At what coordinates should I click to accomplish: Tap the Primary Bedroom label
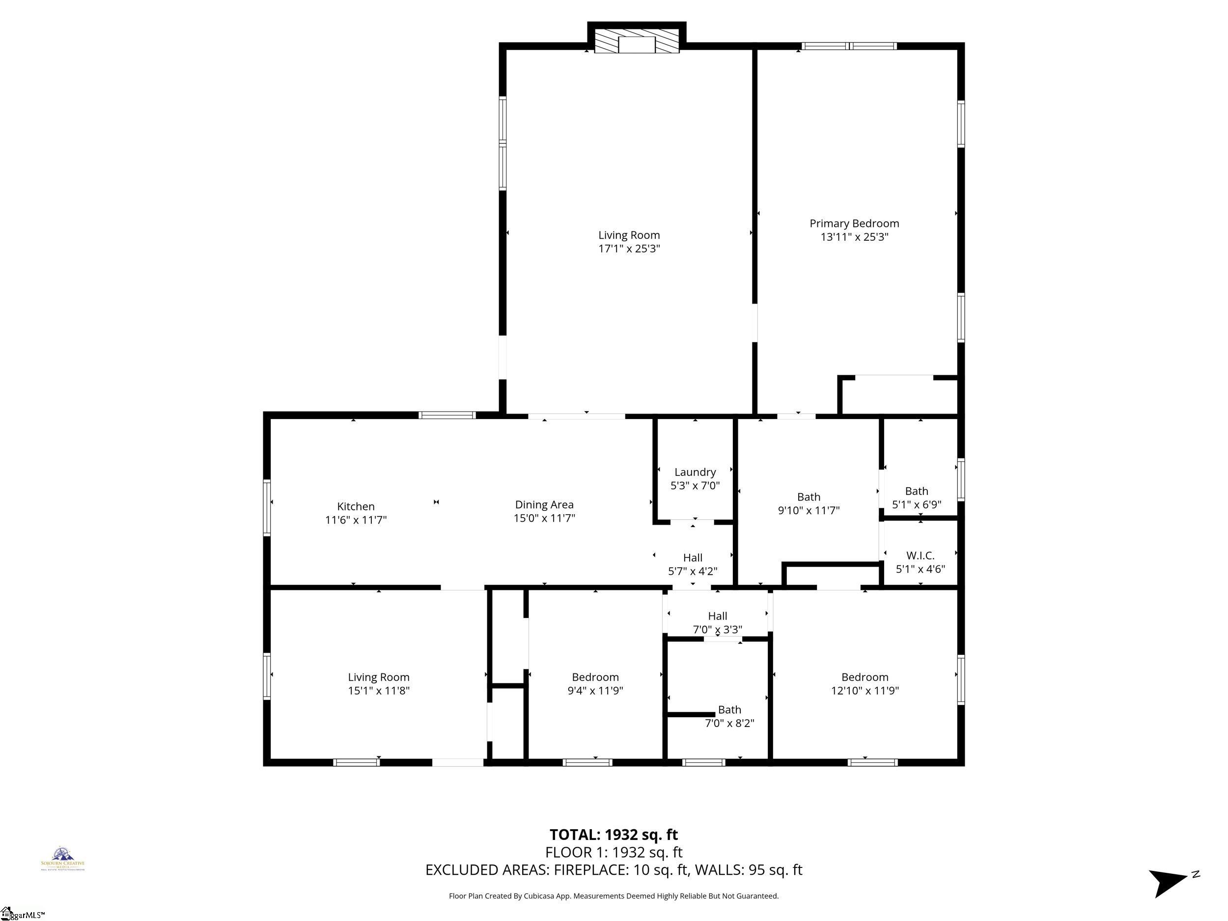pos(854,223)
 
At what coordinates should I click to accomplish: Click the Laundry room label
pos(695,472)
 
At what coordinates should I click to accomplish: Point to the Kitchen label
pos(355,506)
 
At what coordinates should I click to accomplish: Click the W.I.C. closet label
pos(920,555)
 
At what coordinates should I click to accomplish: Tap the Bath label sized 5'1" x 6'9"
pos(916,491)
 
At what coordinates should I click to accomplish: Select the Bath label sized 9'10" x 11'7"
pos(809,497)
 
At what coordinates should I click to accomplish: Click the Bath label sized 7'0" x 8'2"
pos(729,709)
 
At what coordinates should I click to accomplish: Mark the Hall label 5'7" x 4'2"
pos(692,558)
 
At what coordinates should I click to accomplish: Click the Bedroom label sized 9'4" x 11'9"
pos(595,677)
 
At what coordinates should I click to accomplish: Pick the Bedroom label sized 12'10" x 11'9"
pos(865,677)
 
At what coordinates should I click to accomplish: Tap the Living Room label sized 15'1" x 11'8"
pos(378,677)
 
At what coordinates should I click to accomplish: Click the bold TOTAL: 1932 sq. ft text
pos(614,835)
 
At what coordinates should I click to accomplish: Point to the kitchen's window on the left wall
pos(266,507)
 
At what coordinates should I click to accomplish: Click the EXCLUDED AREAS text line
pos(614,869)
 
